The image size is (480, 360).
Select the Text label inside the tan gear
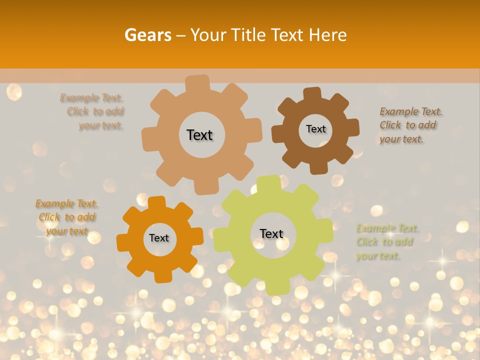[x=199, y=135]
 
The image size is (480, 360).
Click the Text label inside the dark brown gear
[x=315, y=129]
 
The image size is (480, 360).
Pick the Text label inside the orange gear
[x=159, y=238]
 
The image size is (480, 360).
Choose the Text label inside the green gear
[x=271, y=233]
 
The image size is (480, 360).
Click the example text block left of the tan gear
[x=95, y=111]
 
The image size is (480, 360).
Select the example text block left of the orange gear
[x=67, y=217]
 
